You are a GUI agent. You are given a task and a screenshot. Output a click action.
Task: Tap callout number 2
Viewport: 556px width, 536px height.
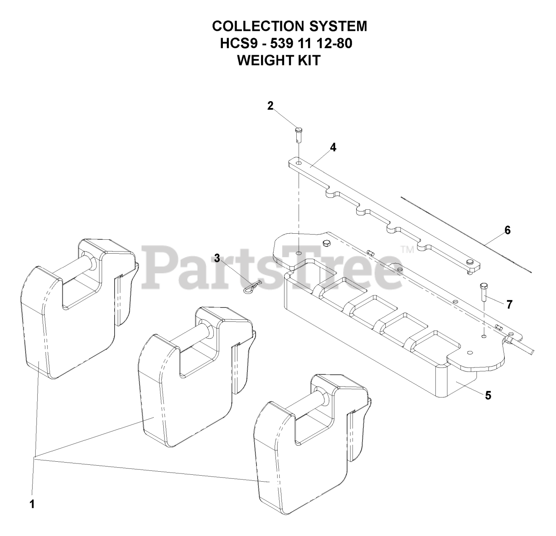pyautogui.click(x=270, y=106)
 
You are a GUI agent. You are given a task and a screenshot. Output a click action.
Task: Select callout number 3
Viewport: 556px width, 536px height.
pyautogui.click(x=217, y=258)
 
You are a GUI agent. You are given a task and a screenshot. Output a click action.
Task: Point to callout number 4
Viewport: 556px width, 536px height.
pyautogui.click(x=333, y=147)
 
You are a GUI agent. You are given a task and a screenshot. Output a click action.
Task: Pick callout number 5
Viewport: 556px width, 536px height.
pyautogui.click(x=488, y=395)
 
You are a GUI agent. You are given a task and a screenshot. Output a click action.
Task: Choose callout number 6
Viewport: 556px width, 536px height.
pyautogui.click(x=507, y=230)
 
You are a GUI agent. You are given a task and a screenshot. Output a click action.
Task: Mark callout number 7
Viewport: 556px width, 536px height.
pyautogui.click(x=510, y=304)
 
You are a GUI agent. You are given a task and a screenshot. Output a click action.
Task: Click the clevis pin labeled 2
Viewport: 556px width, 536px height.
pyautogui.click(x=298, y=135)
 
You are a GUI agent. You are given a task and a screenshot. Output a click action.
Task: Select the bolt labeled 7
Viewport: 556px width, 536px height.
pyautogui.click(x=484, y=291)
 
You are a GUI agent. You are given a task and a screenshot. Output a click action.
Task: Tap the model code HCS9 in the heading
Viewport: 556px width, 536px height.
pyautogui.click(x=239, y=43)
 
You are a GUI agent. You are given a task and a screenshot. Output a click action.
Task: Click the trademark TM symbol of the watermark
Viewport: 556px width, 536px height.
pyautogui.click(x=407, y=250)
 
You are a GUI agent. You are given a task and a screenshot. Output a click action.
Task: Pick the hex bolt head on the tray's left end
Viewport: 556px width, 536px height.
pyautogui.click(x=326, y=243)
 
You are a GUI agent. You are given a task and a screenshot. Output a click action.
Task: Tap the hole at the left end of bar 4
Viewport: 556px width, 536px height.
pyautogui.click(x=298, y=163)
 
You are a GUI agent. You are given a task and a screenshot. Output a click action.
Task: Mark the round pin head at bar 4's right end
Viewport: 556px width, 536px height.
pyautogui.click(x=470, y=262)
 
